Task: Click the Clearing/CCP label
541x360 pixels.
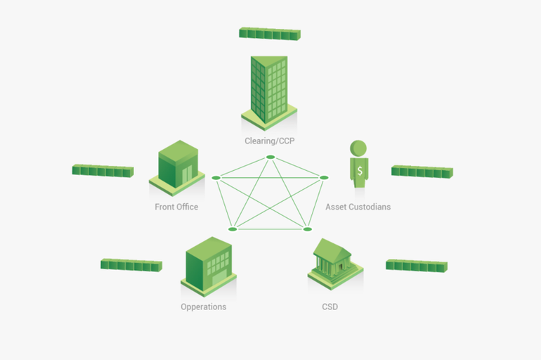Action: point(269,141)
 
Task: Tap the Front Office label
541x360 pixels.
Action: point(176,207)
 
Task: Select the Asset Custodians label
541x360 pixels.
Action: point(358,207)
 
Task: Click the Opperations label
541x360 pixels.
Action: point(203,307)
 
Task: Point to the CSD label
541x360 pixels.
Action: point(330,307)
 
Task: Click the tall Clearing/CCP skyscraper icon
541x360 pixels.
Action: point(269,91)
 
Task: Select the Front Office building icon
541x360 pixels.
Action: point(177,168)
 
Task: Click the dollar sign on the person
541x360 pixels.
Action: point(360,171)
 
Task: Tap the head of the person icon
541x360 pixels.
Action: point(359,148)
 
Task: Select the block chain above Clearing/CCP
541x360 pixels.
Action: point(270,33)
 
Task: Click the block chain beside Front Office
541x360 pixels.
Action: point(103,170)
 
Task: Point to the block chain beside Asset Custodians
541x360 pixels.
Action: point(422,171)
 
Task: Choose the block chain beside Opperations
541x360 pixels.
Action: point(131,264)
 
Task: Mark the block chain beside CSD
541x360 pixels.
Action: point(417,265)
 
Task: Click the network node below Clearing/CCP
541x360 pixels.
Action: point(270,156)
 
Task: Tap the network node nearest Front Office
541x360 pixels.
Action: point(216,177)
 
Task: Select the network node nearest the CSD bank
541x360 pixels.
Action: point(307,229)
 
